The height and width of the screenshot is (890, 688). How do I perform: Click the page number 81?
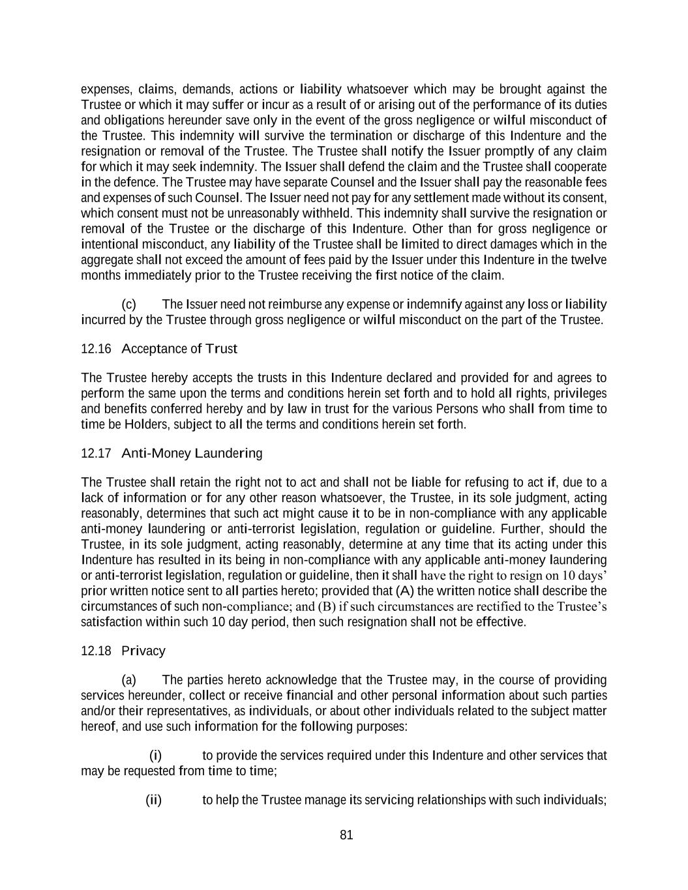(x=346, y=835)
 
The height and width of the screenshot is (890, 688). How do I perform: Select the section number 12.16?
(x=96, y=349)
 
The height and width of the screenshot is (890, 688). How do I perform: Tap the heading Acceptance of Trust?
(x=179, y=349)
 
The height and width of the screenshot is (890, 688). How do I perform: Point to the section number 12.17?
(x=96, y=453)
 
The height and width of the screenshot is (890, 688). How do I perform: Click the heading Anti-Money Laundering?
(x=192, y=453)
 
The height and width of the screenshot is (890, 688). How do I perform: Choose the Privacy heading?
(x=143, y=651)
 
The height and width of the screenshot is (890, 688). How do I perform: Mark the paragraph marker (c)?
(x=129, y=304)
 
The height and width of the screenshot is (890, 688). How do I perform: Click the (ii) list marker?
(x=153, y=800)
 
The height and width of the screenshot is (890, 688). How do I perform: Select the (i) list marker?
(x=155, y=756)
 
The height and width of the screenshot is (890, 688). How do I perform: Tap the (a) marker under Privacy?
(x=129, y=680)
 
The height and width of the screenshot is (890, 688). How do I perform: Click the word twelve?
(x=590, y=260)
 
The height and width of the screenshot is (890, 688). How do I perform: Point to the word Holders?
(x=145, y=424)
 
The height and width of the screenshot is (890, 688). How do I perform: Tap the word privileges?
(x=579, y=394)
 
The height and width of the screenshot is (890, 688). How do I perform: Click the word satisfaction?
(x=110, y=622)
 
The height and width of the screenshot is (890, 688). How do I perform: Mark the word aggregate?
(x=106, y=260)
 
